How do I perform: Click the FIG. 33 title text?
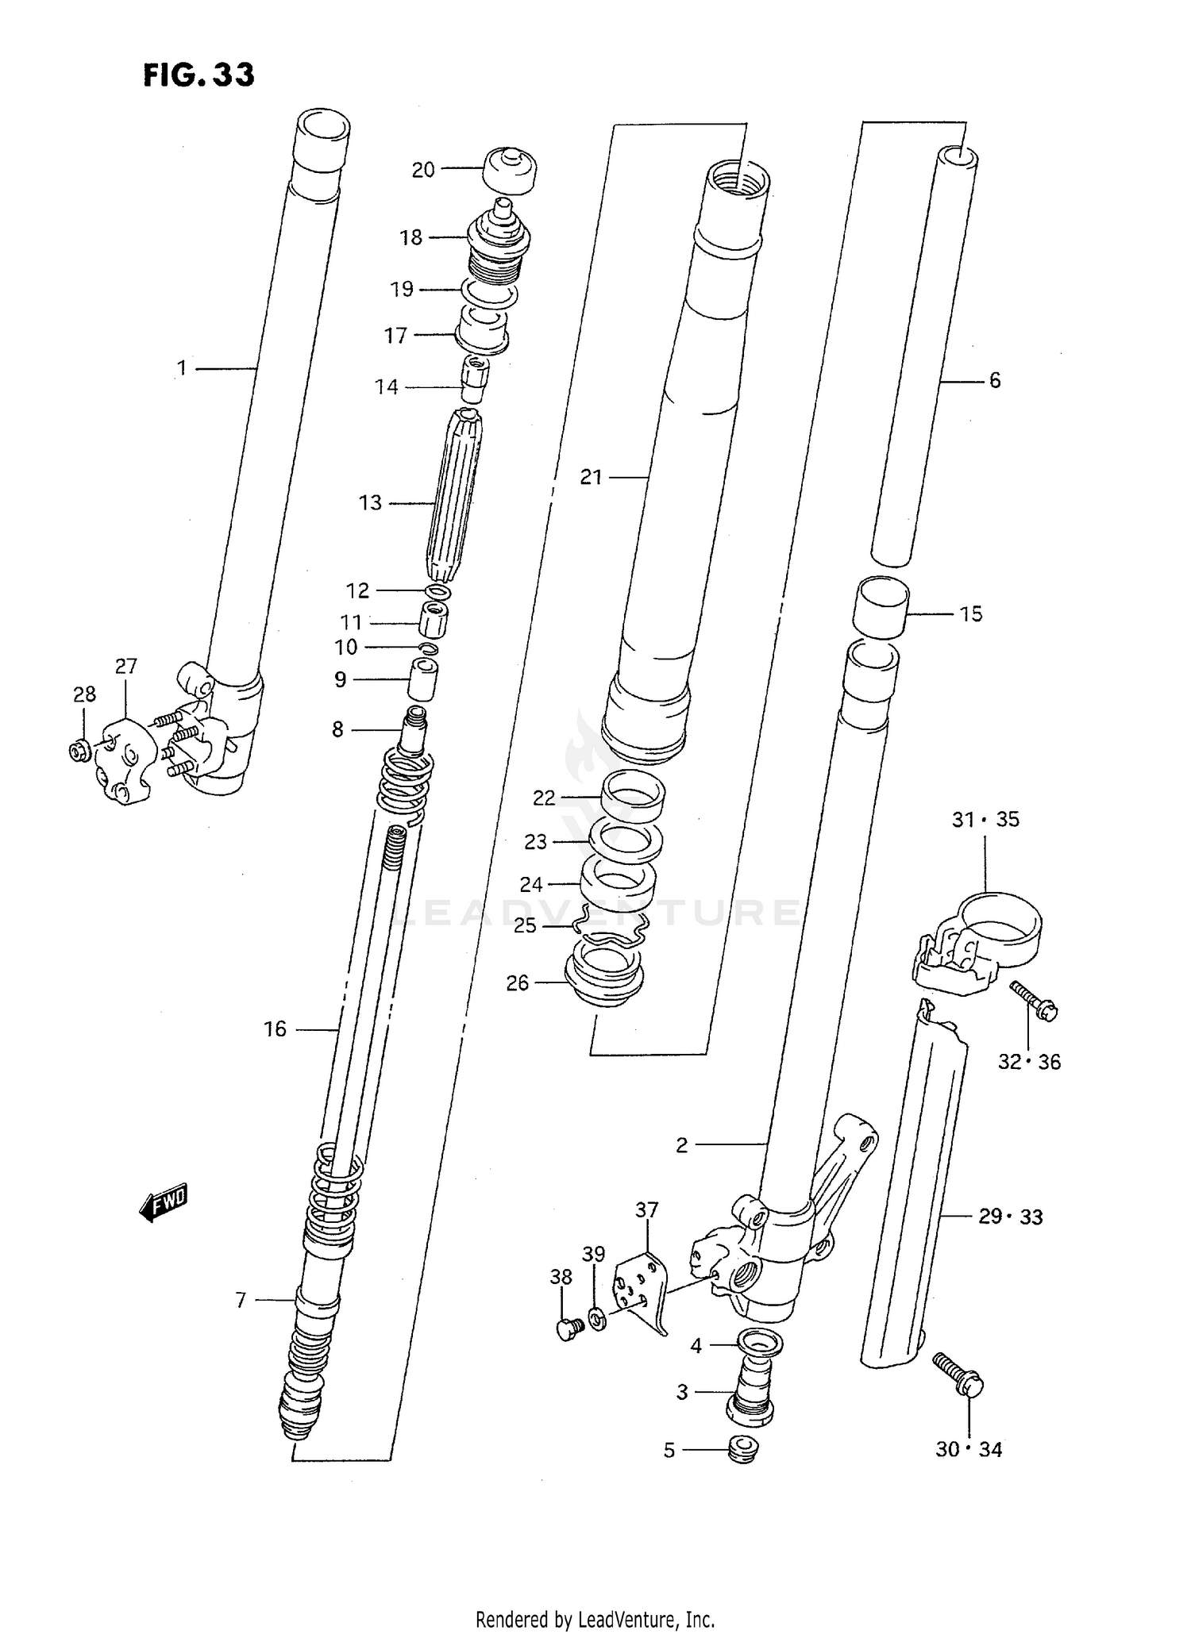click(198, 75)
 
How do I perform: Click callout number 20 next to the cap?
click(423, 170)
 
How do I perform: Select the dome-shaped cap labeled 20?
click(510, 171)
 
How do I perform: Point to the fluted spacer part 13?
click(455, 496)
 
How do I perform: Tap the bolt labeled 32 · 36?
click(1035, 1002)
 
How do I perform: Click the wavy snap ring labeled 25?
click(611, 925)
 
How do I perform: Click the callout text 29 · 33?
click(1009, 1217)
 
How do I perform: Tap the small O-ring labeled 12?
click(439, 592)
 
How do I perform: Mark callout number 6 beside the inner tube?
click(995, 381)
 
